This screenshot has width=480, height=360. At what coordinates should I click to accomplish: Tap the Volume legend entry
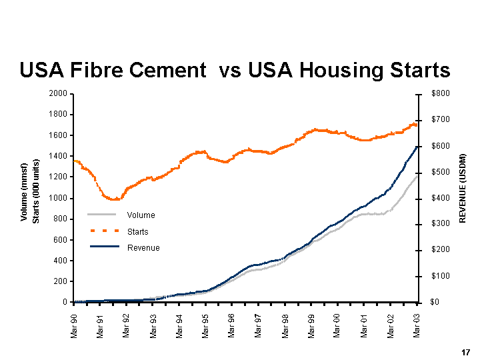tap(141, 215)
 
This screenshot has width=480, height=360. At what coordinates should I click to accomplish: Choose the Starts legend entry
tap(137, 231)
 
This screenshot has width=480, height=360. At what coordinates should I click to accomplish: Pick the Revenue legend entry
tap(143, 248)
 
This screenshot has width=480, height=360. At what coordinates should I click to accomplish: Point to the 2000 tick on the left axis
tap(57, 94)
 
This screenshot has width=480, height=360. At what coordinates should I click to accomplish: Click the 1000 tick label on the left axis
tap(57, 198)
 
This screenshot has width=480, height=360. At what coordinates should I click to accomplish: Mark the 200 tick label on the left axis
tap(59, 281)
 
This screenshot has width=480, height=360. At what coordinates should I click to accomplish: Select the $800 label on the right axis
tap(441, 94)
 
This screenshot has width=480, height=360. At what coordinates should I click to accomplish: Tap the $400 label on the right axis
tap(441, 198)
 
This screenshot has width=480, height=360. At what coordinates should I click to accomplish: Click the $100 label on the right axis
tap(441, 276)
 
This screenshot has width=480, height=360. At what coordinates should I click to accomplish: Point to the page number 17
tap(465, 351)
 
